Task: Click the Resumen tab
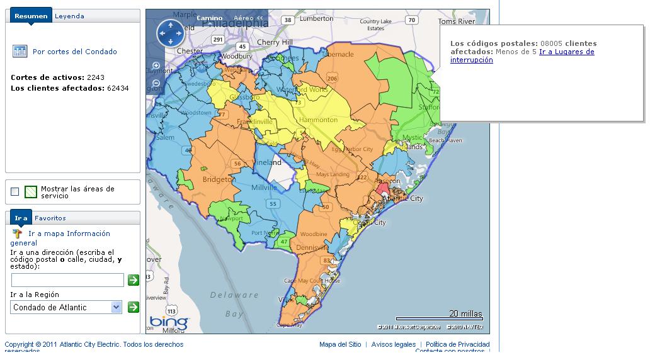(x=31, y=16)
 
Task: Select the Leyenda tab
(x=69, y=16)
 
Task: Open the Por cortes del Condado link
(x=74, y=52)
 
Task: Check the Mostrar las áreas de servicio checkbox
(x=15, y=192)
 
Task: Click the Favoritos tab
(x=50, y=218)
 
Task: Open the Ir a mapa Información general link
(x=69, y=233)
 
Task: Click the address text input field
(x=67, y=280)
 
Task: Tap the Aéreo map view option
(x=244, y=18)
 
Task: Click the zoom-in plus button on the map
(x=156, y=65)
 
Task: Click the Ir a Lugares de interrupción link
(x=566, y=52)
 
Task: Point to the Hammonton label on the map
(x=318, y=120)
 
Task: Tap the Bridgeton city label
(x=219, y=179)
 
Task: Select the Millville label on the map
(x=264, y=188)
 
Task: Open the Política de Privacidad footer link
(x=457, y=344)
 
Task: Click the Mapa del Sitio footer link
(x=340, y=344)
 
